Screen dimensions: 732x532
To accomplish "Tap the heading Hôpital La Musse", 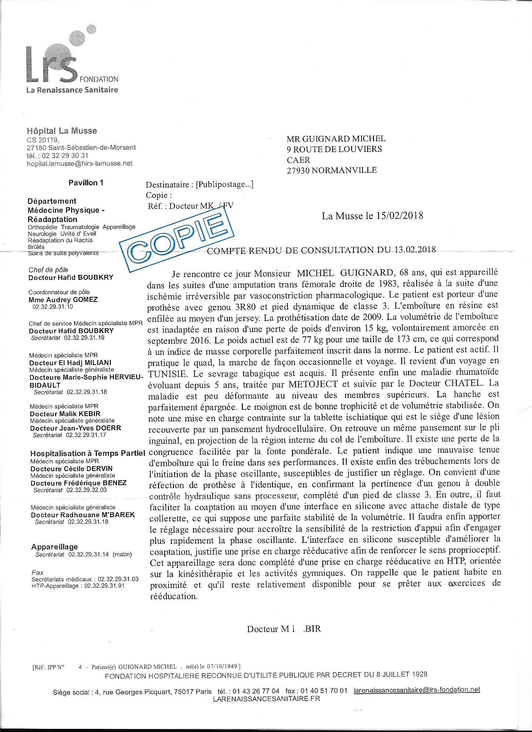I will pyautogui.click(x=62, y=131).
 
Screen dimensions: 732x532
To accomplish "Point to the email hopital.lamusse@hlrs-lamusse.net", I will pyautogui.click(x=80, y=163).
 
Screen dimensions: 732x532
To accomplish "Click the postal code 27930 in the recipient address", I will pyautogui.click(x=298, y=170).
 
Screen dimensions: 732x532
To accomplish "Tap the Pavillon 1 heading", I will pyautogui.click(x=86, y=183).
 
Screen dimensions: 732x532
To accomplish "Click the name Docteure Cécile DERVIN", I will pyautogui.click(x=72, y=469).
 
